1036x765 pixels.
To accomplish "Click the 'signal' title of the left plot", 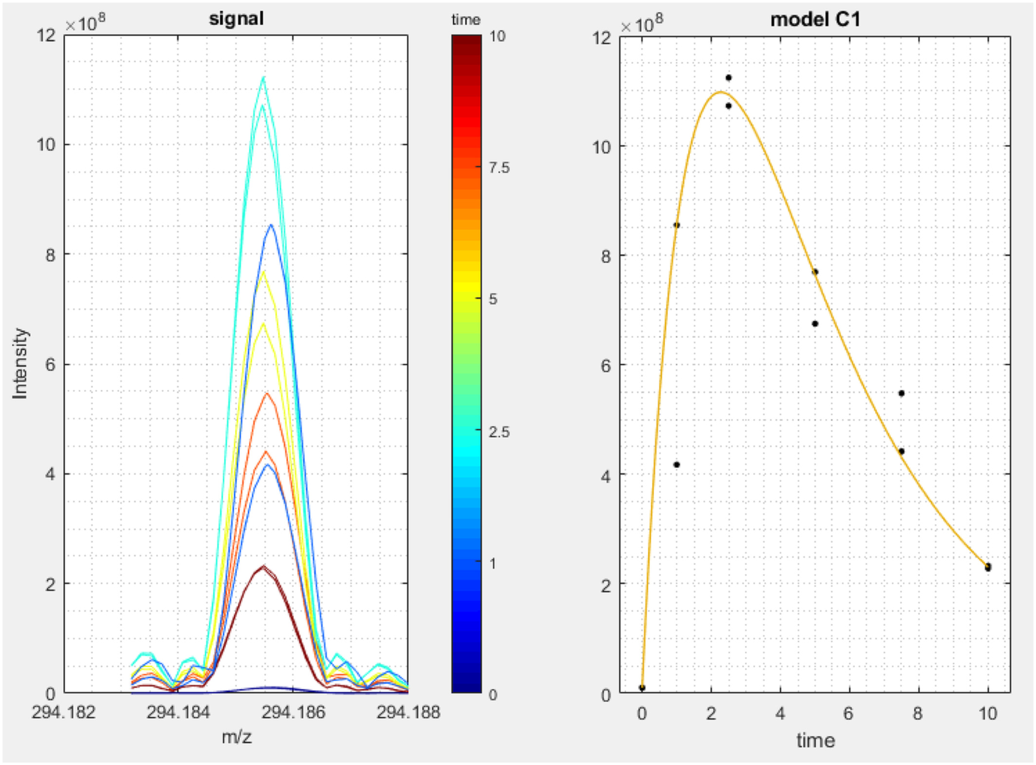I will pos(236,19).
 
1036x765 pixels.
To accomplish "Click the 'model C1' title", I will pos(815,19).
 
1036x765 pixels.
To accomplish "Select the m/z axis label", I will pos(236,737).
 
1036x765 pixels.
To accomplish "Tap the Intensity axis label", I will pos(20,363).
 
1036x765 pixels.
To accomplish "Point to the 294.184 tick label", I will pos(178,712).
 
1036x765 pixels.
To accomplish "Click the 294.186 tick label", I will pos(293,712).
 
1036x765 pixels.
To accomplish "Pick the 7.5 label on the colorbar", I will pos(499,168).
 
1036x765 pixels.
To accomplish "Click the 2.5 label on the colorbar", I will pos(499,432).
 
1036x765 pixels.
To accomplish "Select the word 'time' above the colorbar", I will pos(465,20).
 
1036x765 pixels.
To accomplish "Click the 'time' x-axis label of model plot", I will pos(815,741).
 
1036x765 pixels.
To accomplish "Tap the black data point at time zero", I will pos(642,688).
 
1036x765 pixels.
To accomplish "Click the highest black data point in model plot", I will pos(728,78).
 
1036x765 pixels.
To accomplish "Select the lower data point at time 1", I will pos(677,465).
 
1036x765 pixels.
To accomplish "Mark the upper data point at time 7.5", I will pos(901,393).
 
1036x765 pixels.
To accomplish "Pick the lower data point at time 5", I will pos(815,324).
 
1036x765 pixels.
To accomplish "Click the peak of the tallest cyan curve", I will pos(264,77).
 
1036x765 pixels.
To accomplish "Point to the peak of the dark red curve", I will pos(263,566).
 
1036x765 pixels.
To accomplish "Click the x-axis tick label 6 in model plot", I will pos(850,713).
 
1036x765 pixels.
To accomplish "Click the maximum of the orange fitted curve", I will pos(721,92).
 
